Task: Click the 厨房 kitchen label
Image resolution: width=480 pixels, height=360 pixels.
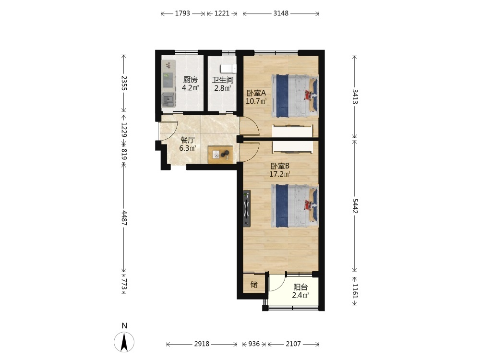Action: pos(191,80)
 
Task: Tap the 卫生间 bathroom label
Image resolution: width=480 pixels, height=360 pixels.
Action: pos(223,80)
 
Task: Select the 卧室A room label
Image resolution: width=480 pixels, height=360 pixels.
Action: pos(256,93)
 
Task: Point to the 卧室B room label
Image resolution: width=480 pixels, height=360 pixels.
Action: pos(280,166)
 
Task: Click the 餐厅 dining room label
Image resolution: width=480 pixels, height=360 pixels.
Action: pos(188,140)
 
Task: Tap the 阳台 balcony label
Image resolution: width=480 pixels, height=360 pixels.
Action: pos(300,287)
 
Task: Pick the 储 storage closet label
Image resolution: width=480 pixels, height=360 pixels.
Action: pos(254,284)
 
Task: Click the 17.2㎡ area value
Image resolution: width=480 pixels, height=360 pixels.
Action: pos(280,175)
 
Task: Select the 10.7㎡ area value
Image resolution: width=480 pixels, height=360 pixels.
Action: pos(256,101)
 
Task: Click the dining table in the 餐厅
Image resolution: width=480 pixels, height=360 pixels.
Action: pos(220,155)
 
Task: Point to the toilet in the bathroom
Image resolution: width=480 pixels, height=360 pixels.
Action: pos(228,69)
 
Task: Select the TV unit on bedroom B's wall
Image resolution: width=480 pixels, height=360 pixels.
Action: pos(247,208)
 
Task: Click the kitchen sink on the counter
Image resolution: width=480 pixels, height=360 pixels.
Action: pos(168,99)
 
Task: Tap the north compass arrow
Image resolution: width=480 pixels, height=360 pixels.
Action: pos(124,342)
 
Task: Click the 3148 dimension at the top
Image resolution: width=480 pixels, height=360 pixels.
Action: pos(281,13)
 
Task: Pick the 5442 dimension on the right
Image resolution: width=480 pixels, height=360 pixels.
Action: pos(355,206)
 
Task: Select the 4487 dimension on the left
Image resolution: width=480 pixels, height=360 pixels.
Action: pos(124,217)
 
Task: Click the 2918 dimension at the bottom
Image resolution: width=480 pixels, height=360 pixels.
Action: pos(202,344)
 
